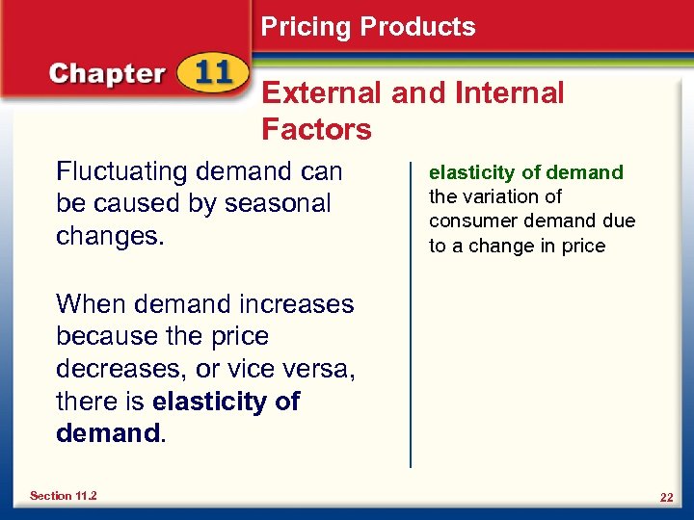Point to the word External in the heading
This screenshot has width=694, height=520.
pos(321,93)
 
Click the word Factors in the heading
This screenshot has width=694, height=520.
pos(316,129)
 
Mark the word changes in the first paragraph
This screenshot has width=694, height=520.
pos(107,236)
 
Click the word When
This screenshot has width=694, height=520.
pos(90,304)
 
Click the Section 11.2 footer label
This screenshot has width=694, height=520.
pos(63,496)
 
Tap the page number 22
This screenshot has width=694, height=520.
pos(665,497)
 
